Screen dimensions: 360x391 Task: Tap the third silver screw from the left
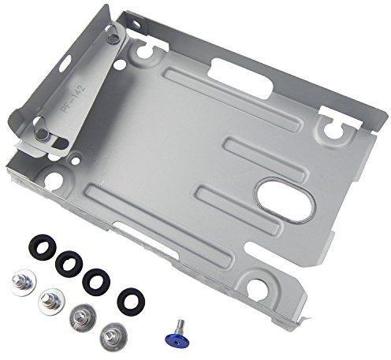80,318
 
